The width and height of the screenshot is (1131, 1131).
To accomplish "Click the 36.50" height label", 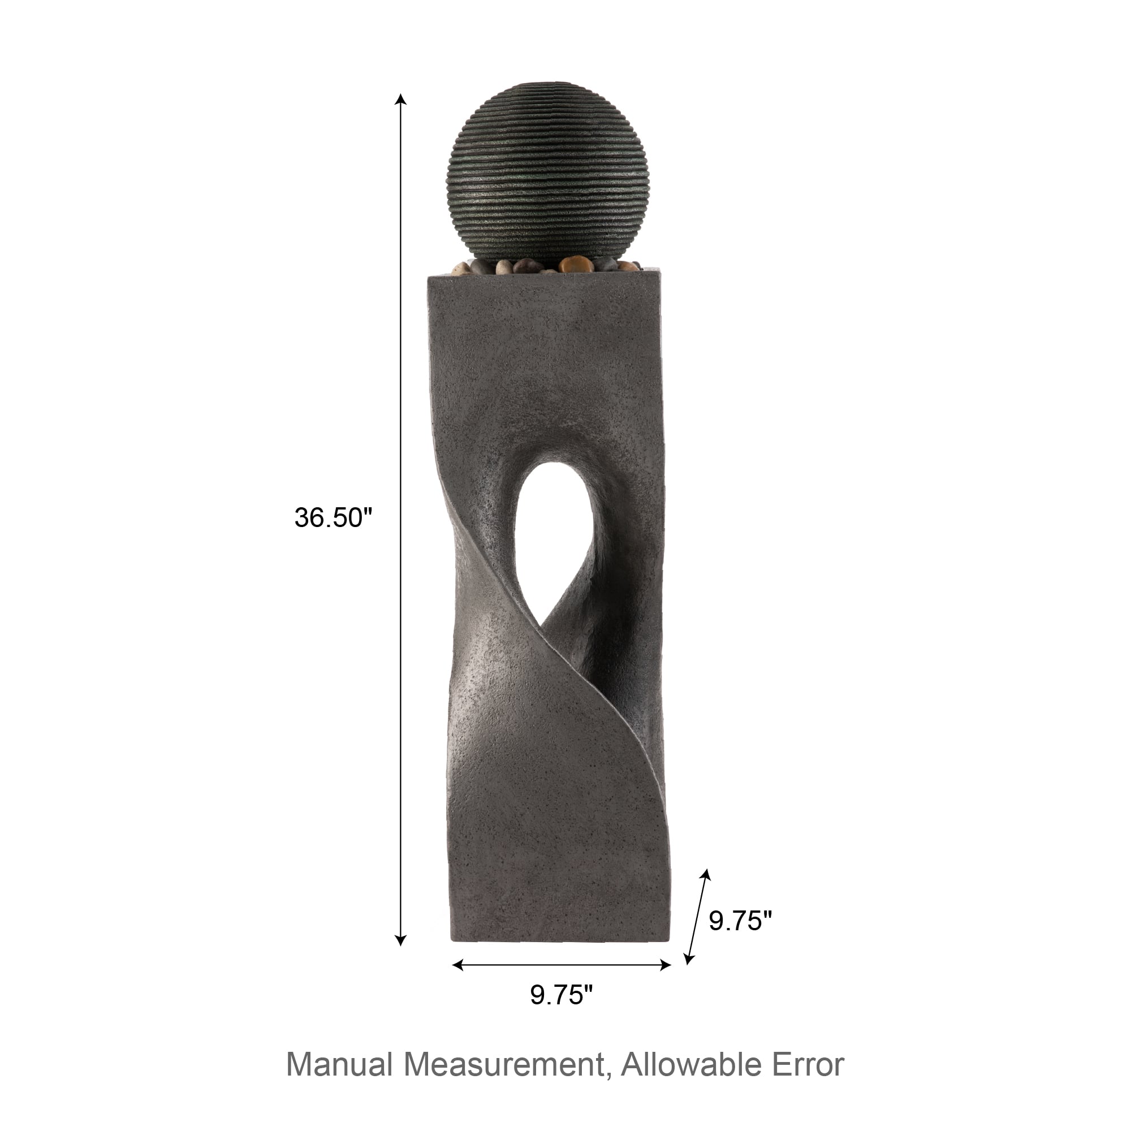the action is [x=333, y=517].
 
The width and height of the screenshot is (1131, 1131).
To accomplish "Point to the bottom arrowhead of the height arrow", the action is [x=400, y=940].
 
